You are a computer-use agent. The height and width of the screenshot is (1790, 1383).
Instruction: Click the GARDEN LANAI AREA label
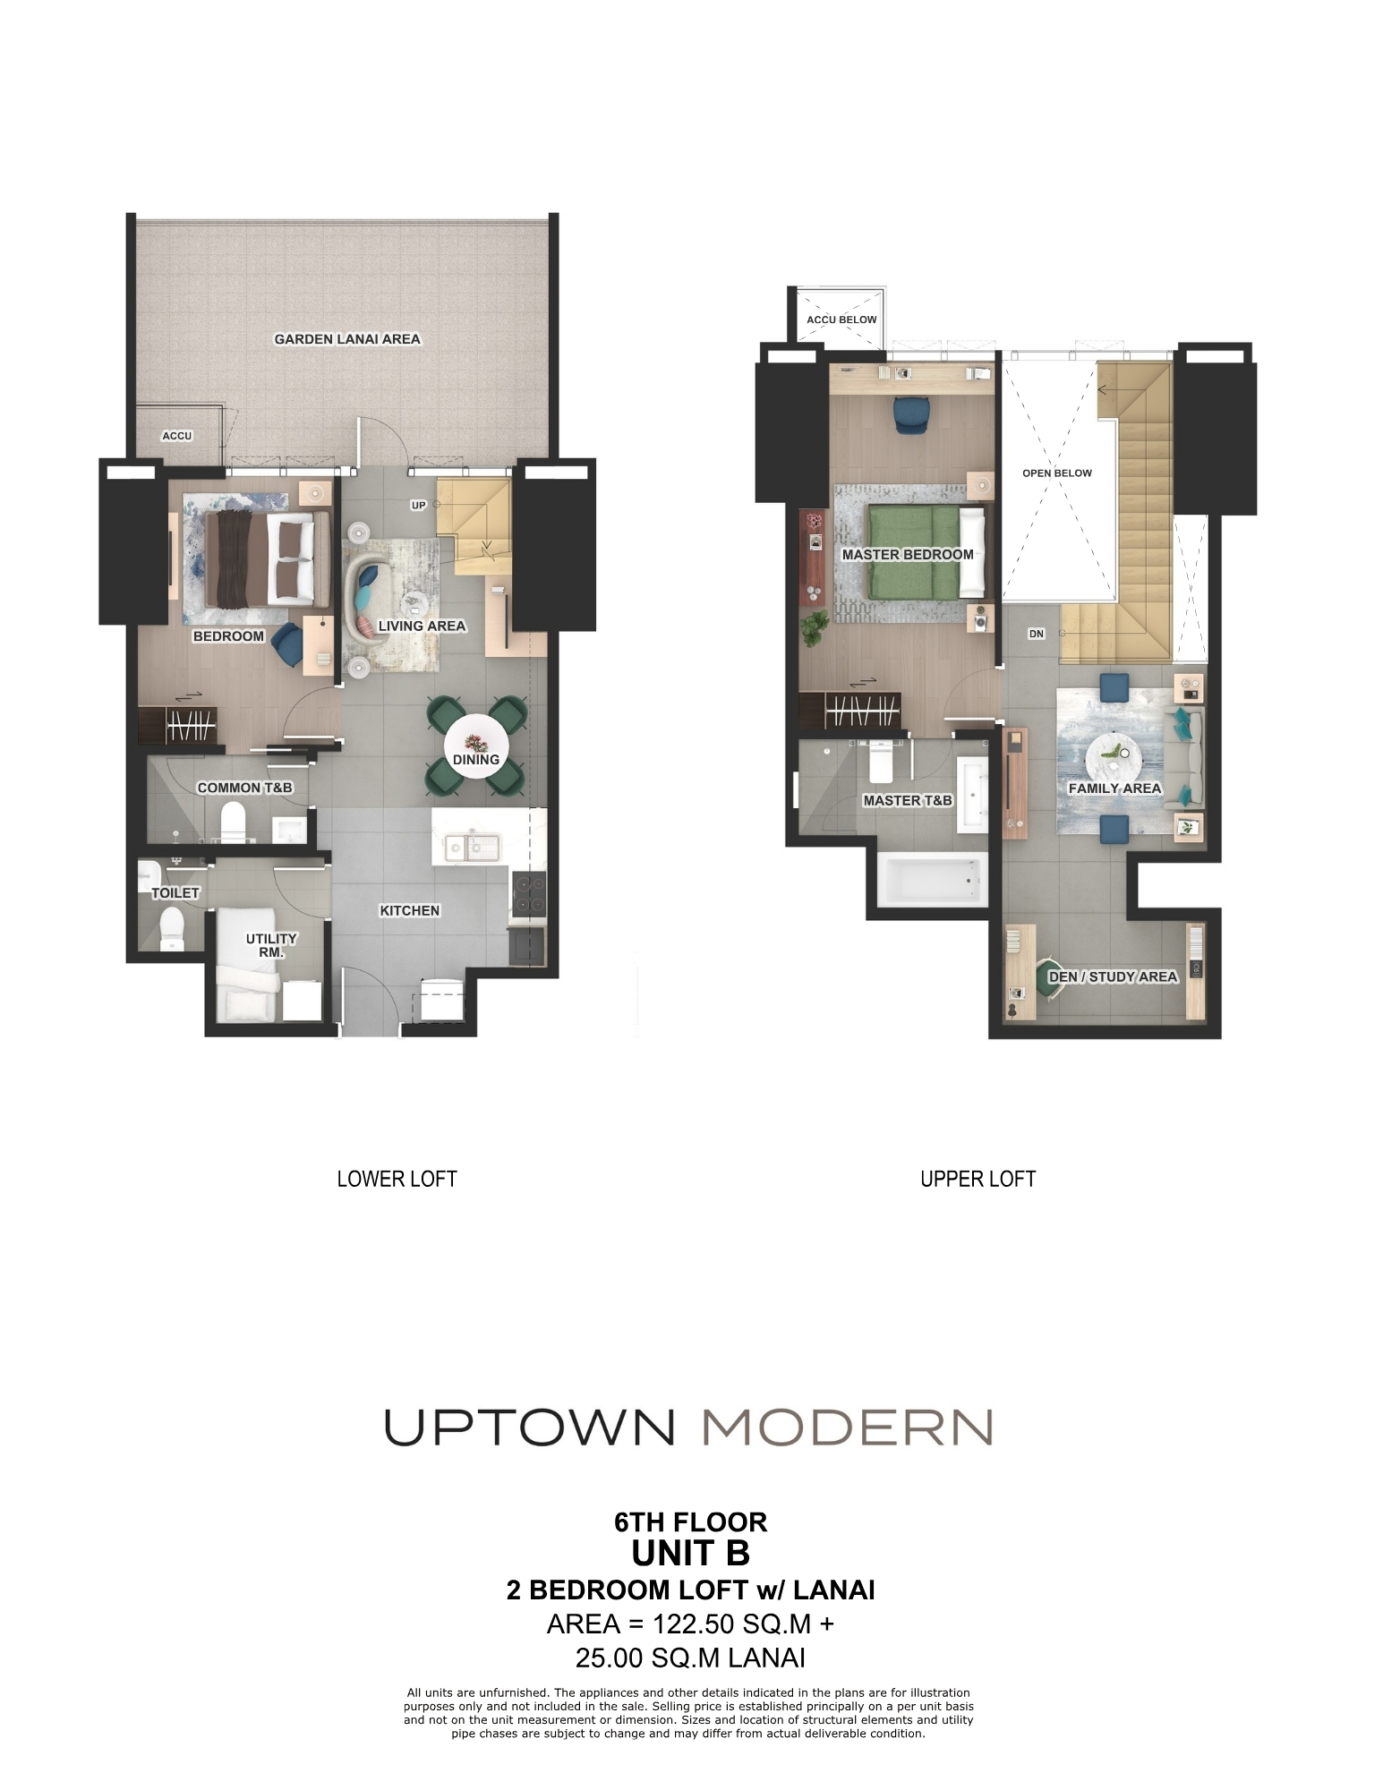pos(346,339)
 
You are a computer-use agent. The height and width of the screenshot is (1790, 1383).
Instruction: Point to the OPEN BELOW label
pos(1056,473)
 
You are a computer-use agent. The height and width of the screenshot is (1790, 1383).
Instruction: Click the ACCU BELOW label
pos(841,320)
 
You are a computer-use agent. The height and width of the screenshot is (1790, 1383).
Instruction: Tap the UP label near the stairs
pos(418,506)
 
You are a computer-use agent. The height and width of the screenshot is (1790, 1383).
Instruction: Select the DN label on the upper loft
pos(1037,634)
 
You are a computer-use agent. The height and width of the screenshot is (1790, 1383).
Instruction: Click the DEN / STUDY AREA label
pos(1112,976)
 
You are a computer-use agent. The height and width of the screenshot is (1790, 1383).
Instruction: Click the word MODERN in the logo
pos(848,1427)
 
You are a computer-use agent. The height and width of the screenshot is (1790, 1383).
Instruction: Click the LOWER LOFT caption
pos(397,1179)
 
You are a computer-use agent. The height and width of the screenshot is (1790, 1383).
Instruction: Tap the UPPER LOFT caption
pos(977,1179)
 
